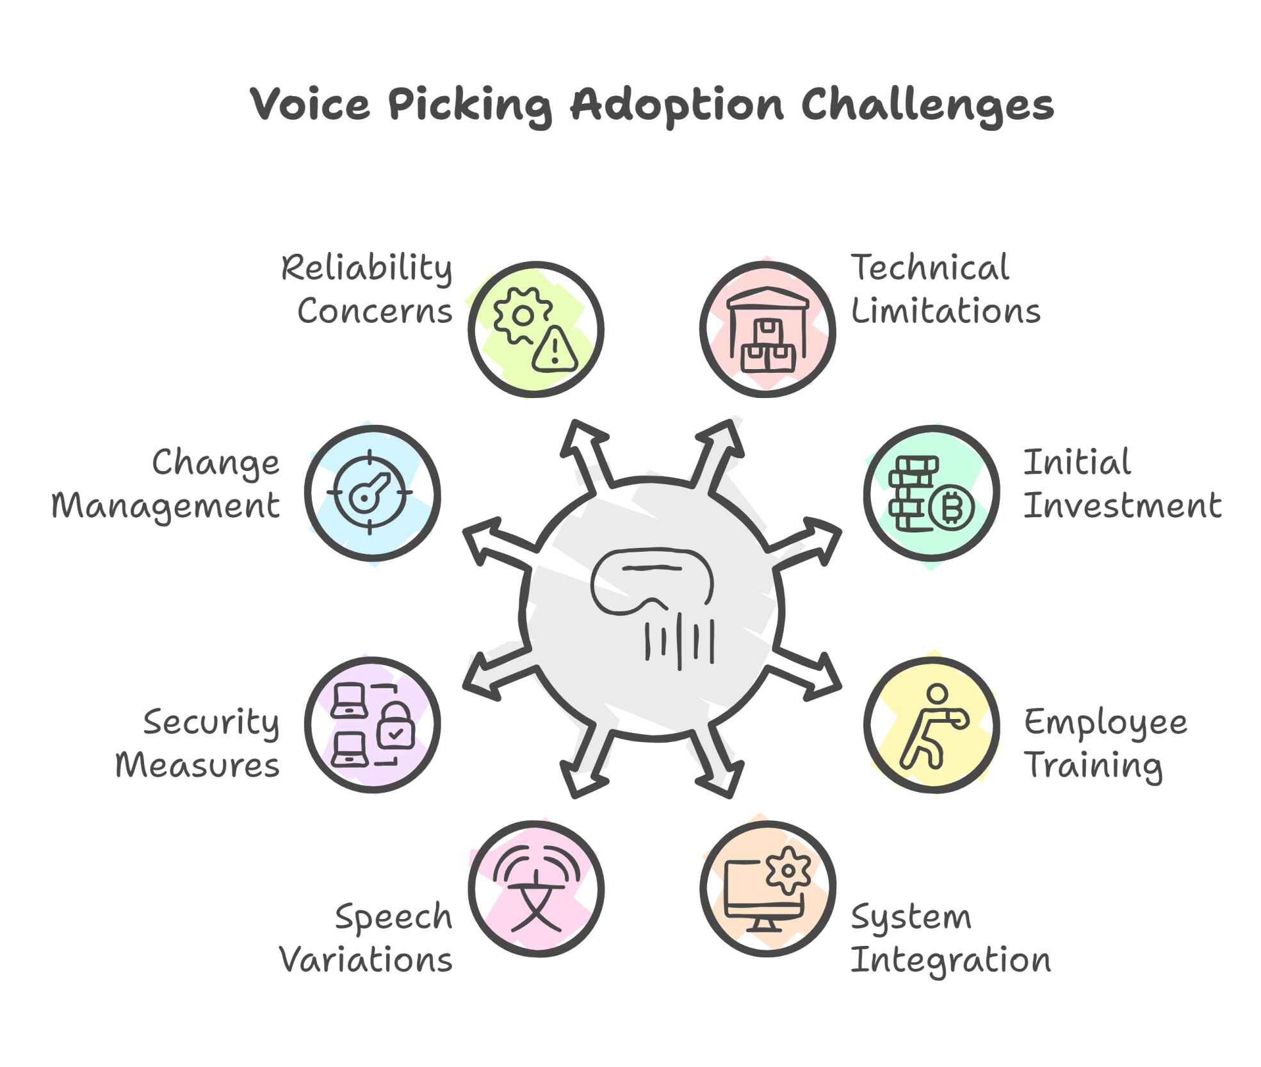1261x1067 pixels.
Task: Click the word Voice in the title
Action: coord(310,104)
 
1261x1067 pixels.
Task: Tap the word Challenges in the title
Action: coord(927,104)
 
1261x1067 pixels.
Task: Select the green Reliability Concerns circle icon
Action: coord(535,329)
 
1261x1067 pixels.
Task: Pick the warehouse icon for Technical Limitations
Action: coord(767,329)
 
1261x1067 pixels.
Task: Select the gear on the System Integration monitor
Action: coord(788,870)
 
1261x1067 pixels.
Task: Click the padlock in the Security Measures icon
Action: coord(396,727)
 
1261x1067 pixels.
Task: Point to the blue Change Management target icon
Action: coord(371,493)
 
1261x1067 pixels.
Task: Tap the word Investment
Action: coord(1122,506)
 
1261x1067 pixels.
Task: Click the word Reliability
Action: coord(367,268)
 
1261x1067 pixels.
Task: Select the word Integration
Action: coord(950,960)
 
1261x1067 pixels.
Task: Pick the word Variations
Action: coord(366,960)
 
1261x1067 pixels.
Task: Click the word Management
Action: coord(166,506)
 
